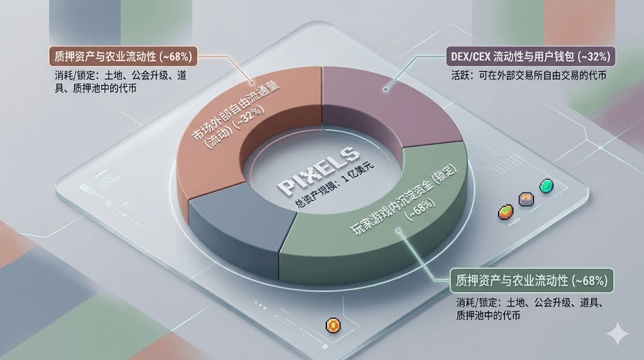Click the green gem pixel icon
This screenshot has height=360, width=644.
click(545, 186)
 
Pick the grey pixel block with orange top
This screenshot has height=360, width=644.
click(525, 199)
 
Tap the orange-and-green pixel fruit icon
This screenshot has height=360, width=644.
click(505, 212)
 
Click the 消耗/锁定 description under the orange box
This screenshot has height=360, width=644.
click(119, 82)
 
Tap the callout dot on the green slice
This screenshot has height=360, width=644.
click(397, 230)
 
